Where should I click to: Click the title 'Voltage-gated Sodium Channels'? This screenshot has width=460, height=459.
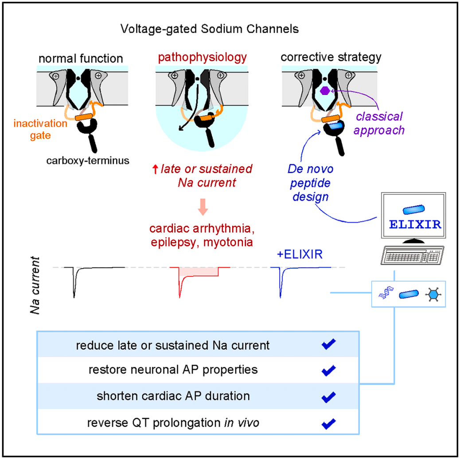[x=210, y=29]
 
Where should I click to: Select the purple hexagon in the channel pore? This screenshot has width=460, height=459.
[x=324, y=91]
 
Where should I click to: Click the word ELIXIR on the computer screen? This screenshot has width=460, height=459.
[x=415, y=224]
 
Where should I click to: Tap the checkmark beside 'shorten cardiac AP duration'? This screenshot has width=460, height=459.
[x=328, y=396]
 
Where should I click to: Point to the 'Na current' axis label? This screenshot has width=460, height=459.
[x=39, y=280]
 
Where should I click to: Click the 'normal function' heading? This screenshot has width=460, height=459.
[x=80, y=58]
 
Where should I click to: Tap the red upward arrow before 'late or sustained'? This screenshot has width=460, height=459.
[x=154, y=169]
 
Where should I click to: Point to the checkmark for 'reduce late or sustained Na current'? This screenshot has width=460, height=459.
[x=328, y=344]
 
